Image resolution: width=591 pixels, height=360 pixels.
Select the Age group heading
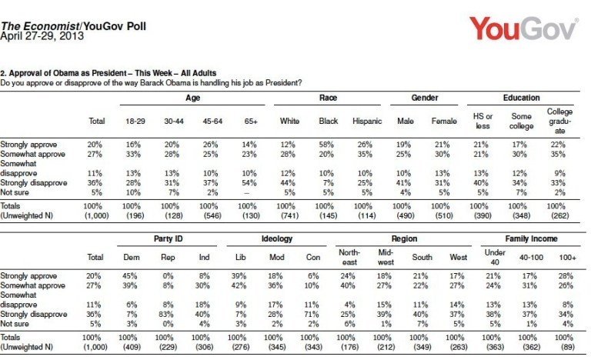(192, 98)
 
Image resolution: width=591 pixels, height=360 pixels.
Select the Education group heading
(520, 98)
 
